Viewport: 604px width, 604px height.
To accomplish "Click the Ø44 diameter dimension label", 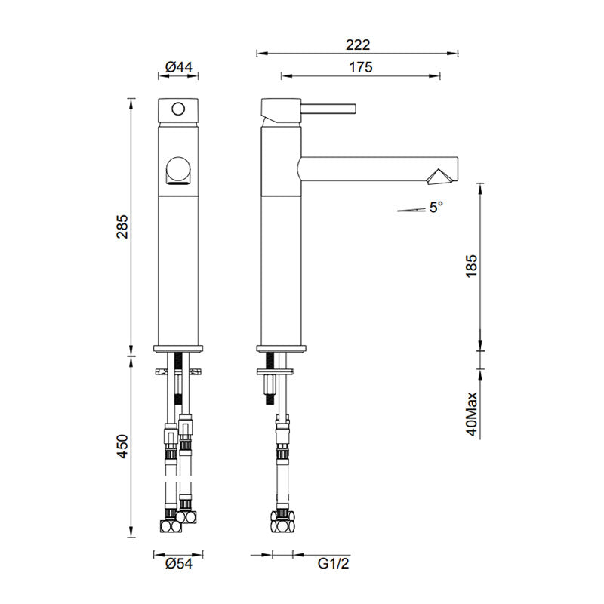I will coord(178,67).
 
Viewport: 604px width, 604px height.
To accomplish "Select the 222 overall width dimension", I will coord(358,45).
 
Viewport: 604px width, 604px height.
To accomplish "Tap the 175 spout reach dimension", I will coord(361,67).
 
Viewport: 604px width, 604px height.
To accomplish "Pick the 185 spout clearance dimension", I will coord(472,268).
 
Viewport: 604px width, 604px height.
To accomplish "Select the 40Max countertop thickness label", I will coord(472,414).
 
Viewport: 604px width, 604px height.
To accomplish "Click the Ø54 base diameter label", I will coord(178,562).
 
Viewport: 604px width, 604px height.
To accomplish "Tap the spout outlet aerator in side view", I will coord(439,176).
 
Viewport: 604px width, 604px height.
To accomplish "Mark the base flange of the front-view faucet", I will coord(179,348).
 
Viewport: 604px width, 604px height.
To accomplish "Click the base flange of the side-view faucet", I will coord(282,348).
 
